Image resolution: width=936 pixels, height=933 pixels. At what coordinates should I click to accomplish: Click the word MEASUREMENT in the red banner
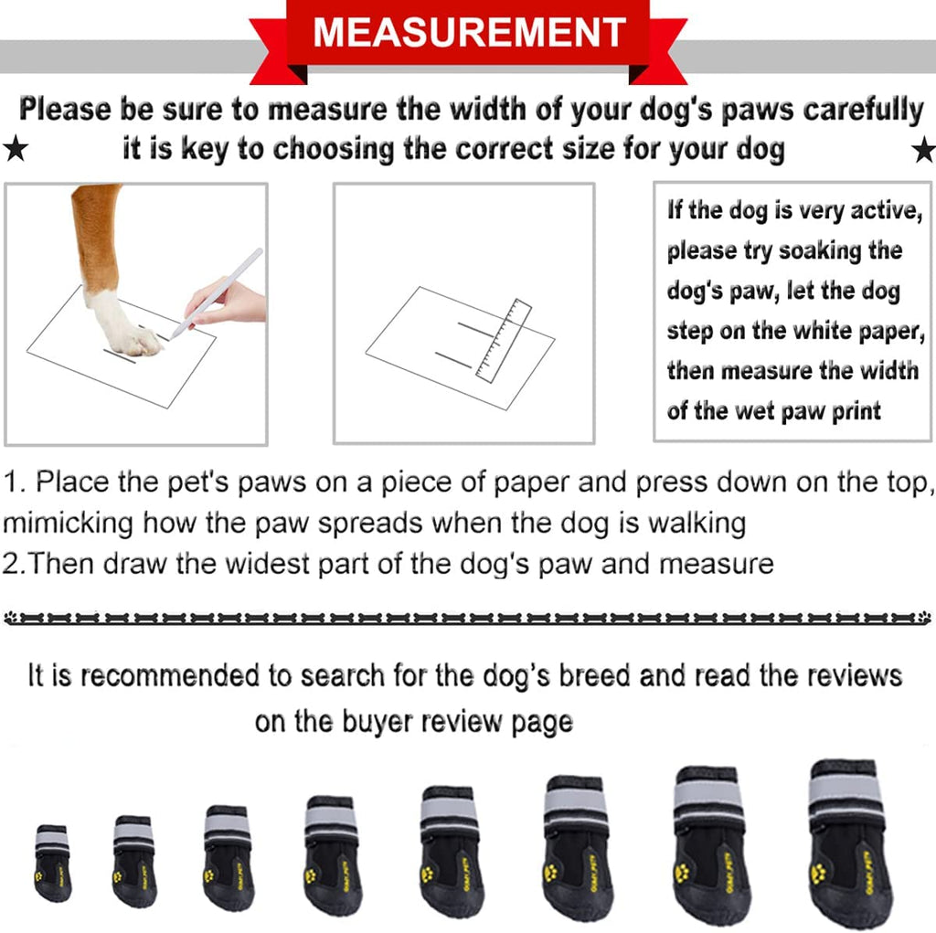(x=469, y=33)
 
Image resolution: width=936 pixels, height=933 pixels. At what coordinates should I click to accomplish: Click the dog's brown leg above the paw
(x=95, y=233)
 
